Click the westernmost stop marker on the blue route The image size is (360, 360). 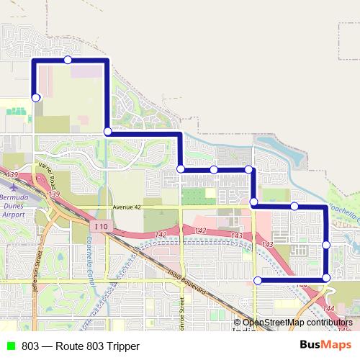coord(36,97)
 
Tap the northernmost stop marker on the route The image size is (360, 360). coord(68,60)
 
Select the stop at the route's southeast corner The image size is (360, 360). coord(326,278)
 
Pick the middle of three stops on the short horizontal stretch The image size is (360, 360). coord(214,169)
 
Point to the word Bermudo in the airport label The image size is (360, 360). coord(14,197)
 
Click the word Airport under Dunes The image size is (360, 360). coord(14,214)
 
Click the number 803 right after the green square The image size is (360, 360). coord(30,346)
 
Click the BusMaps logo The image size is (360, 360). coord(325,346)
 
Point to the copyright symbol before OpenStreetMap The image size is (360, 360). coord(238,322)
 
